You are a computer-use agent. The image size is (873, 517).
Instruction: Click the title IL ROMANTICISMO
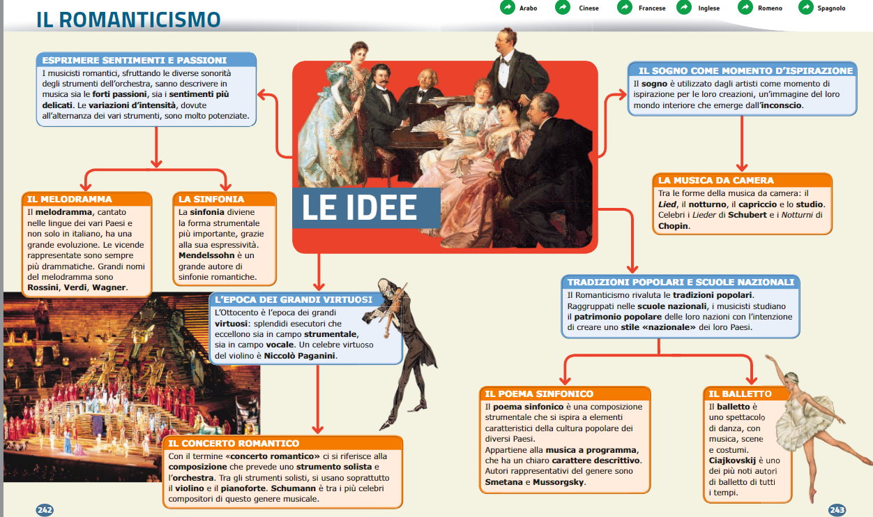[x=128, y=20]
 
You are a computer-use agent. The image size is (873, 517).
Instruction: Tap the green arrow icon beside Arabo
[x=508, y=8]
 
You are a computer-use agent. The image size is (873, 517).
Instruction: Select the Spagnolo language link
[x=831, y=8]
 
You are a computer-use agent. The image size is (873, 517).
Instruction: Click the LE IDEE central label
[x=359, y=207]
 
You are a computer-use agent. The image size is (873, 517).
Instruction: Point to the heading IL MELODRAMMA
[x=69, y=200]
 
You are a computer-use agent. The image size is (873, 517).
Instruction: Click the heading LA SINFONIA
[x=211, y=200]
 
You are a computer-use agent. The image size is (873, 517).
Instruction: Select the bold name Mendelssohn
[x=206, y=255]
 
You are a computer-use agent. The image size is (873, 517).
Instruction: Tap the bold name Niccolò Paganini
[x=299, y=356]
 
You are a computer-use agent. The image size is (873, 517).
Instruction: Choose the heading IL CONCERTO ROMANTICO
[x=234, y=443]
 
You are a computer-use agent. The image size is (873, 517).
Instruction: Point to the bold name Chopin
[x=673, y=226]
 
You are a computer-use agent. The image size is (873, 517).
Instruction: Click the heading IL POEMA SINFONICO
[x=539, y=394]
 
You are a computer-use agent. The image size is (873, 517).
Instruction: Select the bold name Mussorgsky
[x=558, y=482]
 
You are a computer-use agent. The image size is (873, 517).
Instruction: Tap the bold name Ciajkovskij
[x=732, y=460]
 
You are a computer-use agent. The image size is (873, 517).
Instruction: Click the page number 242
[x=45, y=510]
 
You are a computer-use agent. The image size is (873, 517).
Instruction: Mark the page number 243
[x=837, y=510]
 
